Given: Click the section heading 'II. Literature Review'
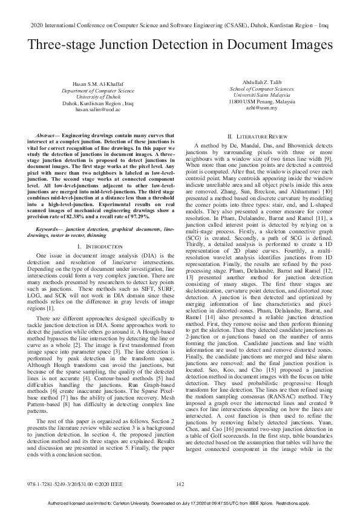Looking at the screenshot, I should click(x=261, y=136).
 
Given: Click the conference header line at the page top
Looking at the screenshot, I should click(x=180, y=27).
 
